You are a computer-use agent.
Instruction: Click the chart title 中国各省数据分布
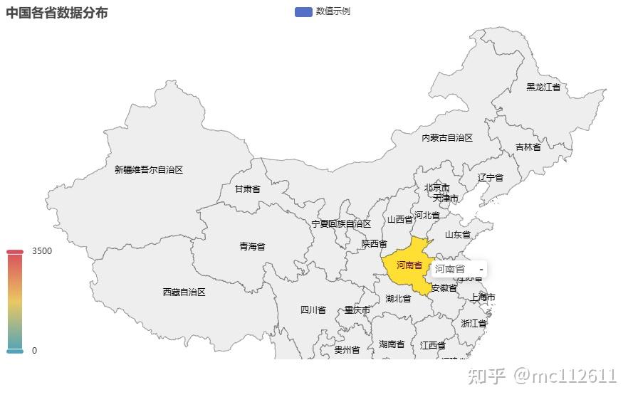(57, 13)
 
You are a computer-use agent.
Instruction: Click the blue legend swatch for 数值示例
(303, 11)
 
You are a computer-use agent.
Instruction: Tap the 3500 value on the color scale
(42, 251)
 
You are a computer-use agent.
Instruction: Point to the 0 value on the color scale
(34, 350)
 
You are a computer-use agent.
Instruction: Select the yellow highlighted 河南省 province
(404, 271)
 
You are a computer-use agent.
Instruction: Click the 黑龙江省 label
(543, 87)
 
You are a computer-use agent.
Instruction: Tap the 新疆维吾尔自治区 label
(149, 169)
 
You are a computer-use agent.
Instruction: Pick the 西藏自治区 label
(184, 292)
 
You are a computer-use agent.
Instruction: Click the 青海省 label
(252, 246)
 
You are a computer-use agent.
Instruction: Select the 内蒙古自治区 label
(447, 137)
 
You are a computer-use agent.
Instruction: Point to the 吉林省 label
(528, 147)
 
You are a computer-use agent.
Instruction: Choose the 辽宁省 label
(491, 177)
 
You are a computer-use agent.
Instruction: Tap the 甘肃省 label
(248, 189)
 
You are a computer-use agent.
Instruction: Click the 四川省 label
(313, 310)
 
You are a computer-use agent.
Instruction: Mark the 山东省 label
(457, 234)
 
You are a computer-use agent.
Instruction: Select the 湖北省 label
(398, 298)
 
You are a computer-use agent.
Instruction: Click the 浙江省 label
(474, 323)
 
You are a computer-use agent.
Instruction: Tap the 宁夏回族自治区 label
(341, 223)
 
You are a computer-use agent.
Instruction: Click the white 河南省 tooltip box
(459, 269)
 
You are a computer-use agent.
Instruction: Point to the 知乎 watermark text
(486, 375)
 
